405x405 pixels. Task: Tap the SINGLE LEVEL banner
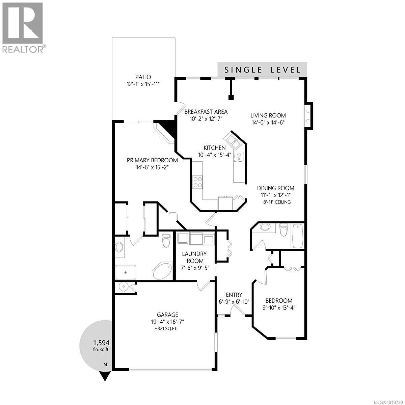[x=263, y=70]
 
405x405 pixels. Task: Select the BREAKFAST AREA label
[x=206, y=112]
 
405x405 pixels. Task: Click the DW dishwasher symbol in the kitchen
[x=239, y=157]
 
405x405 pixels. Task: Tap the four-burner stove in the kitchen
[x=197, y=182]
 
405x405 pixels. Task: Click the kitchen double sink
[x=233, y=141]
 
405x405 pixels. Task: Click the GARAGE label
[x=165, y=314]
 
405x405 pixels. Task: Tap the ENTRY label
[x=234, y=294]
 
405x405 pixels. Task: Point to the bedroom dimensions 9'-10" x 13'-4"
[x=279, y=307]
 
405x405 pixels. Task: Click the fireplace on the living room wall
[x=308, y=115]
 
